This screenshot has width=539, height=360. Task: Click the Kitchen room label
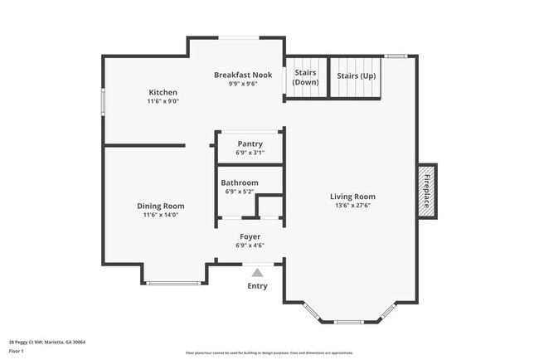point(163,92)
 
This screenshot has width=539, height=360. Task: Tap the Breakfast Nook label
point(243,75)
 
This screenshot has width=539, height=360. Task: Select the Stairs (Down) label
point(306,77)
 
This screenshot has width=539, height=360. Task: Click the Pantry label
point(250,144)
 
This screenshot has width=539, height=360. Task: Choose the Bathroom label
point(239,182)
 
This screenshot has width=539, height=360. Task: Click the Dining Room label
point(161,206)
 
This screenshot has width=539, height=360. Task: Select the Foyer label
point(250,236)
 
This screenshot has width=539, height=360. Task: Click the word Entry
point(258,286)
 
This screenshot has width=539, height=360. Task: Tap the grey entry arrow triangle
point(258,271)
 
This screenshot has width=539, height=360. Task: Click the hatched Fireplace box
point(427,191)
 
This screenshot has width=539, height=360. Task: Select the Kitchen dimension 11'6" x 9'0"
point(163,101)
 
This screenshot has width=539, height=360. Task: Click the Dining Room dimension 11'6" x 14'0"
point(161,215)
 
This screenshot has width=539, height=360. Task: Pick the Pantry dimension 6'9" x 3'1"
point(250,153)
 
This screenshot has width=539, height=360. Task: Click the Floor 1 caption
point(17,351)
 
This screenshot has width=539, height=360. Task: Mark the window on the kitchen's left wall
point(103,102)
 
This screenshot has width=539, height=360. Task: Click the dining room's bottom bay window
point(173,284)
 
